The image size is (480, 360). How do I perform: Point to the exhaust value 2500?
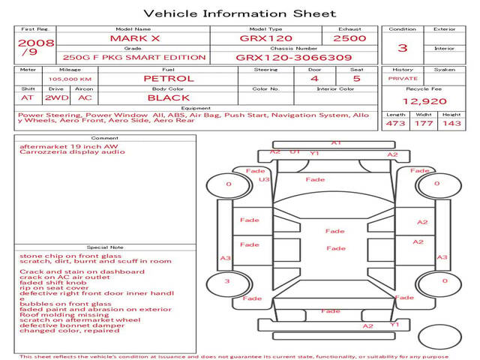349,37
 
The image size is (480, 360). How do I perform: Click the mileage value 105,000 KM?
70,79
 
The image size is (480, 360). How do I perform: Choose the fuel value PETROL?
168,78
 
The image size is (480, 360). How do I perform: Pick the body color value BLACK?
168,97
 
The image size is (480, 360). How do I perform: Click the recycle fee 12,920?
424,100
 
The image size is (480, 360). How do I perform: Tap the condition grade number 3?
402,47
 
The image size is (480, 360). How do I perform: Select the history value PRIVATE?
403,78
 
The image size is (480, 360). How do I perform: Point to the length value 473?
395,123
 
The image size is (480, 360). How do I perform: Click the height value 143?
451,123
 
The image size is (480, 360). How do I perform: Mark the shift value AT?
28,97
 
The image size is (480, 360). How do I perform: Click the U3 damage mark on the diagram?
264,179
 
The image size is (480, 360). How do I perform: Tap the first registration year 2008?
35,43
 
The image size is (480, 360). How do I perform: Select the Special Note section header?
105,247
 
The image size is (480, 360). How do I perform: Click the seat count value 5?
357,78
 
